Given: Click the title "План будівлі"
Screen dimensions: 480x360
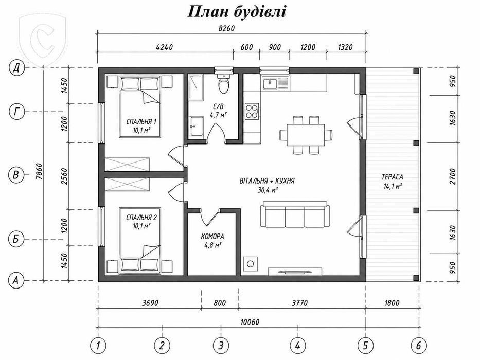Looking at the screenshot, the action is click(x=236, y=12).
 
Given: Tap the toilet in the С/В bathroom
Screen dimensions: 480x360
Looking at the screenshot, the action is click(x=223, y=83).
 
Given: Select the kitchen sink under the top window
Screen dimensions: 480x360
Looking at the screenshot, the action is click(x=270, y=83).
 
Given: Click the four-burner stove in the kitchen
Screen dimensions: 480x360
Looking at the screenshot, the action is click(x=252, y=111).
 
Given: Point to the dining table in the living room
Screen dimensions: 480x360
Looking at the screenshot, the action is click(x=306, y=135).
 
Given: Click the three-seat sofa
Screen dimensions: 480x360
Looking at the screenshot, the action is click(x=295, y=214).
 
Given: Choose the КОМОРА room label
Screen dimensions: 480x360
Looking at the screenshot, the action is click(x=212, y=237).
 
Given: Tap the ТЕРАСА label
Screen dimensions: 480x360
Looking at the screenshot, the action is click(x=392, y=177).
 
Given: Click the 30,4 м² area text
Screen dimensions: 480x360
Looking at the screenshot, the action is click(x=268, y=190).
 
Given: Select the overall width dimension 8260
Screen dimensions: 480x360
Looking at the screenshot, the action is click(x=226, y=28).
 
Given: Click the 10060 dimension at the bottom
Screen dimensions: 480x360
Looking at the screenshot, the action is click(x=250, y=322).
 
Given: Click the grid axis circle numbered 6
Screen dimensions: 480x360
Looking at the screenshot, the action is click(x=418, y=345).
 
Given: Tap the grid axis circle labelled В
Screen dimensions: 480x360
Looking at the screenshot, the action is click(x=15, y=175).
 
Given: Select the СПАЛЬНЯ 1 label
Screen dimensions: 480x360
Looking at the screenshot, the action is click(x=141, y=122).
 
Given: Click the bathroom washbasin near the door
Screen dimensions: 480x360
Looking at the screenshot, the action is click(x=195, y=126).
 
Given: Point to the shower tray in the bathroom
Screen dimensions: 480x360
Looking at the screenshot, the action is click(x=195, y=88).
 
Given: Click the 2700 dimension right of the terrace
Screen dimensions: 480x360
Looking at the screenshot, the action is click(x=453, y=176).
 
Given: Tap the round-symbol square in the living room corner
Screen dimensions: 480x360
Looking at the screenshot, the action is click(x=251, y=263).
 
